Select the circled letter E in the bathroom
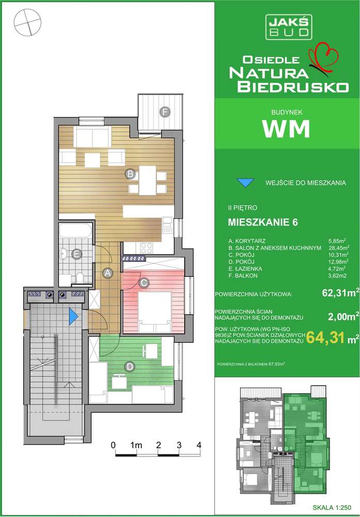77,254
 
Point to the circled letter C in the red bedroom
144,283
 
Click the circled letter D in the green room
129,366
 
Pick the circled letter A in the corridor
108,272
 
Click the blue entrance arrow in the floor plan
73,314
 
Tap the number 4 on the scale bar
199,445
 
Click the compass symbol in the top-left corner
27,23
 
